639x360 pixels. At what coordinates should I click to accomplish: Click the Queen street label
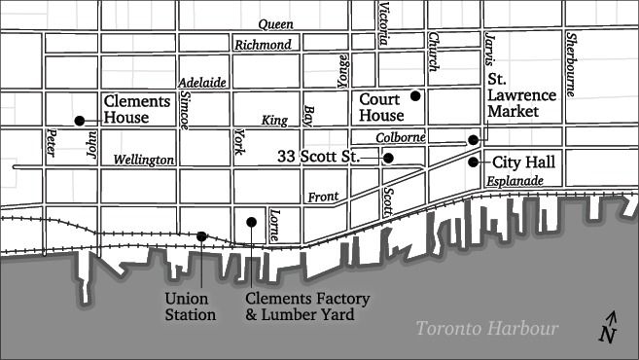275,24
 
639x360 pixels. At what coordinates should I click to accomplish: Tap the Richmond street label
263,45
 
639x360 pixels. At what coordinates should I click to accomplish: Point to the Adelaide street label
202,84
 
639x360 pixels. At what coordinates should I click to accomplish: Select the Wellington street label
144,160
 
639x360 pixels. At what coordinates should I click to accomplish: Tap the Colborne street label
401,138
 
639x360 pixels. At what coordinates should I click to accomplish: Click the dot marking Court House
415,95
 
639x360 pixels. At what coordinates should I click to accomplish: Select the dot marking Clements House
79,121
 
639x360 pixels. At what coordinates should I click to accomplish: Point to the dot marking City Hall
473,162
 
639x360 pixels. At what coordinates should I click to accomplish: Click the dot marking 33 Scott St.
388,158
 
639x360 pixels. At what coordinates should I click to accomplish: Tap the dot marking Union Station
201,235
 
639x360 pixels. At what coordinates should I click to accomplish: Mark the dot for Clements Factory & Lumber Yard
251,222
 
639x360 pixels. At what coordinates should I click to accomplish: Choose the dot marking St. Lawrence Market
474,140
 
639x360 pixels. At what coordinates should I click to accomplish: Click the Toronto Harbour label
487,329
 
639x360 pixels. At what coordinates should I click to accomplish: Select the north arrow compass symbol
609,329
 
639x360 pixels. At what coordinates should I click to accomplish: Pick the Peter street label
51,144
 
